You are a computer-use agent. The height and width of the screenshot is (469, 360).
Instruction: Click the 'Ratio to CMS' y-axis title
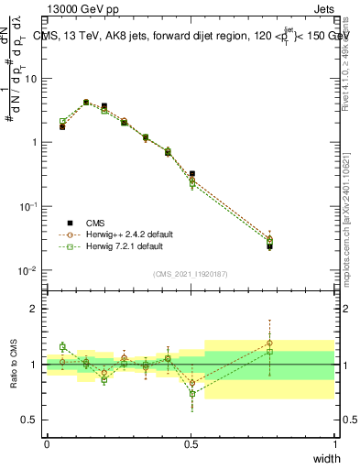(16, 364)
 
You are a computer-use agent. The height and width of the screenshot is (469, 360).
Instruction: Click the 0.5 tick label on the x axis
(191, 443)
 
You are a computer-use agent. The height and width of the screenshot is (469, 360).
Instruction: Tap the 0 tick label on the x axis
(47, 443)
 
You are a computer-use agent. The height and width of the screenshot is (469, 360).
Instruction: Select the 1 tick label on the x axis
(334, 443)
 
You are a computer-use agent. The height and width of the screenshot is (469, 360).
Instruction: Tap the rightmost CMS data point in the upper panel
(269, 245)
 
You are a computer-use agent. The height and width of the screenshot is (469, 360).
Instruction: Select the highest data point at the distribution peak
(86, 103)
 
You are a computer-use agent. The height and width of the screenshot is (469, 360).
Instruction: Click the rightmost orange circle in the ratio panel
(269, 344)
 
